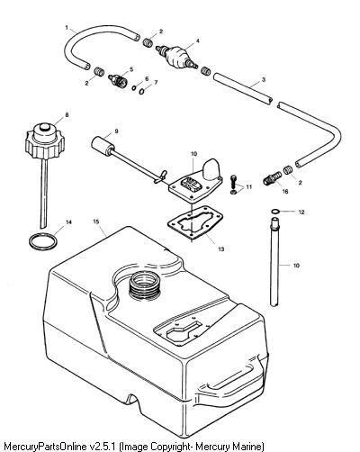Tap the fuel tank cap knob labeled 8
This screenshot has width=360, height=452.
[x=45, y=140]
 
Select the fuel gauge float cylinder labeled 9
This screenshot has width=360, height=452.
[x=103, y=147]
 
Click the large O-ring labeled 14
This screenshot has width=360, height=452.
[x=43, y=241]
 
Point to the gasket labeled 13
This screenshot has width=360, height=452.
[x=195, y=222]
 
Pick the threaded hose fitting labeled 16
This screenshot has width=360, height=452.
[x=273, y=178]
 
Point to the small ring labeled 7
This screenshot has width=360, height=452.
[x=142, y=91]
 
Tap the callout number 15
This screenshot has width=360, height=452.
[x=96, y=221]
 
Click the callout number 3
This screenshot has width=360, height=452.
[x=264, y=79]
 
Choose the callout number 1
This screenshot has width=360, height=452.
[x=67, y=28]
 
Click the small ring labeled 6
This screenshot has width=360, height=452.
[x=134, y=88]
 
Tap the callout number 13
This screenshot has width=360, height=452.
[x=221, y=249]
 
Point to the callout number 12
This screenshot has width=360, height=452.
[x=301, y=212]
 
